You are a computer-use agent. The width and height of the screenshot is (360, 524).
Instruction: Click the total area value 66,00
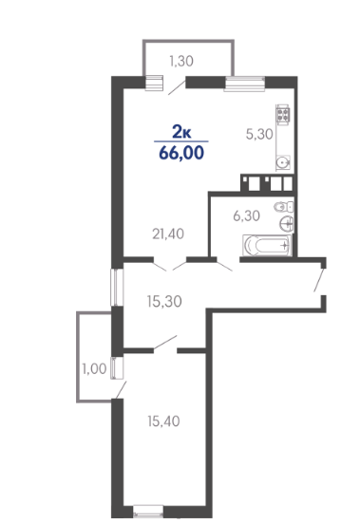181,153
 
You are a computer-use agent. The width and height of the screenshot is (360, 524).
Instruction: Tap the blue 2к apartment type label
181,132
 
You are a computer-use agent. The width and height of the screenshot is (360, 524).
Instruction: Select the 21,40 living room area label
168,234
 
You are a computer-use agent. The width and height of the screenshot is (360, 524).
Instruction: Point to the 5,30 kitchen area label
259,135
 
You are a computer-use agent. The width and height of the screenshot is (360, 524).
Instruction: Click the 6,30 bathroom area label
247,215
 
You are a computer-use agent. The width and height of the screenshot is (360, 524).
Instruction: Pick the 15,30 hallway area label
164,302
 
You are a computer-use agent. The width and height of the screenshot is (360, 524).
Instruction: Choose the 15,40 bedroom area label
163,421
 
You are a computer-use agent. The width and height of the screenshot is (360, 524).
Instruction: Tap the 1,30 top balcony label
181,61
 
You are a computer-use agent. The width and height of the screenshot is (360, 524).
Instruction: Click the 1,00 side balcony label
95,369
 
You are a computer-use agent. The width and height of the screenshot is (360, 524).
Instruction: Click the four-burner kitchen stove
283,115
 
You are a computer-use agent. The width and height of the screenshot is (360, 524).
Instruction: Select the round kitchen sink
283,162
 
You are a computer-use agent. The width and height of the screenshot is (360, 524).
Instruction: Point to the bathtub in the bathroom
267,246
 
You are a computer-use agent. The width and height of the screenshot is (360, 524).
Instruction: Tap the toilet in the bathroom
283,207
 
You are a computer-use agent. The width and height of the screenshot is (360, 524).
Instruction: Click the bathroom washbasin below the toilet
287,224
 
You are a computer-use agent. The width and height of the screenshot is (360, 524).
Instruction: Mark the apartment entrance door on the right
319,280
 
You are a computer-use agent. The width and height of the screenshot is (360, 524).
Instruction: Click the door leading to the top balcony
178,87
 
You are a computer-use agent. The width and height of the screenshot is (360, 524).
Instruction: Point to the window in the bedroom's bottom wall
148,511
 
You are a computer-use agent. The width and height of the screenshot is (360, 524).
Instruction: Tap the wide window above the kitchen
244,84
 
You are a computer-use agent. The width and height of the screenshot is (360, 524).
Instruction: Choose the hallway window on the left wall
117,288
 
